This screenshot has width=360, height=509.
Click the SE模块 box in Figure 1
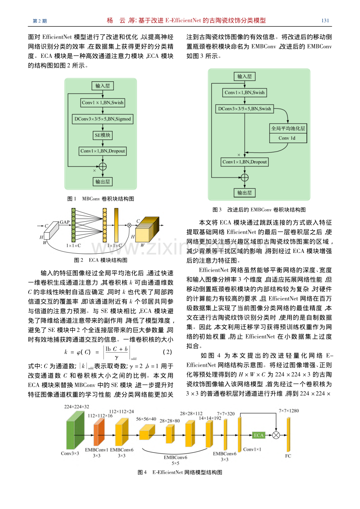click(103, 135)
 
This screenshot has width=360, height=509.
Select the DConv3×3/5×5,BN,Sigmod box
click(103, 119)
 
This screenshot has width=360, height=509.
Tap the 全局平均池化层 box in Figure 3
click(288, 128)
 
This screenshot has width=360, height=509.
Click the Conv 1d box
click(288, 138)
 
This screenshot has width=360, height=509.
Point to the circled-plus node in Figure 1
click(103, 167)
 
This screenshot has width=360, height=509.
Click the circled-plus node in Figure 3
click(245, 177)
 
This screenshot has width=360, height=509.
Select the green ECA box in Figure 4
click(259, 435)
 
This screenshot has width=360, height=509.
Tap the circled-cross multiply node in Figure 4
click(276, 435)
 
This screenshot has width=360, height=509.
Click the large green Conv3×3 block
click(75, 430)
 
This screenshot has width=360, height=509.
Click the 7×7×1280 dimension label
click(289, 410)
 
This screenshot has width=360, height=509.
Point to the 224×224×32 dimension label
click(77, 407)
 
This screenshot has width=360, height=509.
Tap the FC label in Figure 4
click(288, 456)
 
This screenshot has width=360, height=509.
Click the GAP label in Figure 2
click(65, 222)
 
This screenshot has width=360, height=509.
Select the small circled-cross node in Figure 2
click(129, 225)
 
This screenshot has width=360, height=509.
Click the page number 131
click(325, 21)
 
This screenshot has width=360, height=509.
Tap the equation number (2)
click(167, 352)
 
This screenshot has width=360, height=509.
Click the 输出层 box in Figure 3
click(245, 193)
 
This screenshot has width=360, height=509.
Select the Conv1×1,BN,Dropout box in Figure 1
click(103, 151)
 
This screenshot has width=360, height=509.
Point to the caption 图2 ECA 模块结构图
click(101, 260)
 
